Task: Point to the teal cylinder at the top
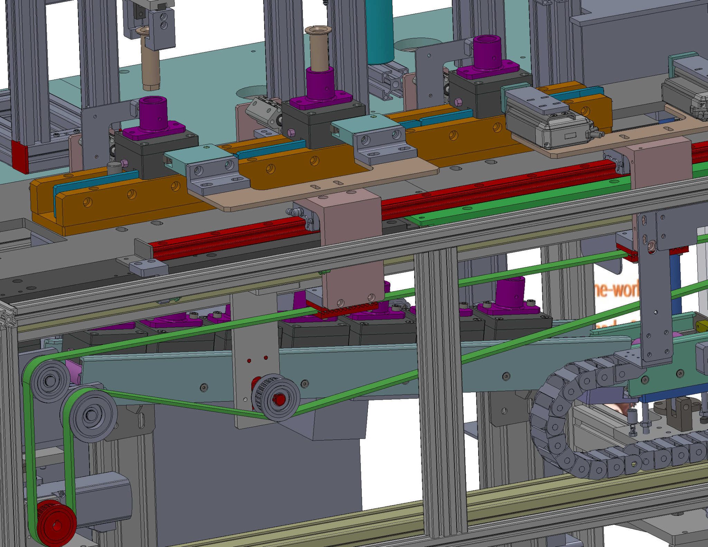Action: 380,31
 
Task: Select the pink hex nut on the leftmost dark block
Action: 123,162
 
